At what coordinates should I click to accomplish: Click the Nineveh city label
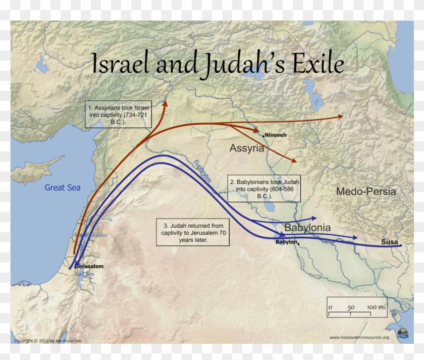[x=276, y=135]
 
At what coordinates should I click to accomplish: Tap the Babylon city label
[x=286, y=242]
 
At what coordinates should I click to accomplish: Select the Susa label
[x=389, y=242]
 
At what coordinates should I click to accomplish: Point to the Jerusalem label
[x=90, y=266]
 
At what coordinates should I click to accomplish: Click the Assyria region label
[x=246, y=148]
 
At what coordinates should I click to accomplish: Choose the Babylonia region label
[x=307, y=228]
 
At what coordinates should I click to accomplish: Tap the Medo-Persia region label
[x=366, y=191]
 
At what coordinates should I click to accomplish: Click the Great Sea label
[x=63, y=187]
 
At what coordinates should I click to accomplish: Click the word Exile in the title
[x=316, y=65]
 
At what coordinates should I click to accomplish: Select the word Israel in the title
[x=120, y=65]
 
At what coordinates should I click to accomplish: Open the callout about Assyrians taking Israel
[x=119, y=114]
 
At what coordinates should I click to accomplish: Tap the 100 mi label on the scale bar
[x=376, y=306]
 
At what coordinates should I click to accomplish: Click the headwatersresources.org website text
[x=359, y=338]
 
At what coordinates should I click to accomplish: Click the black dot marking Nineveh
[x=263, y=135]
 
